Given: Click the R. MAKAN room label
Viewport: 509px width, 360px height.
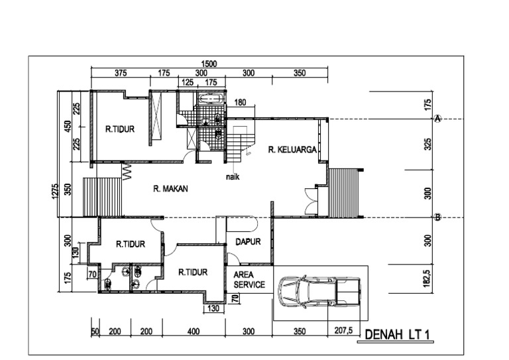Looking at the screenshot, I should (171, 189).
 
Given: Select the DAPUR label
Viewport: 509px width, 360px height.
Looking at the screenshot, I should (248, 242).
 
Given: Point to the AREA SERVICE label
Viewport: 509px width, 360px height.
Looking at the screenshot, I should (249, 279).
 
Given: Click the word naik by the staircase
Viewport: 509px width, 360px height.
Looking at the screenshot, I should (232, 177).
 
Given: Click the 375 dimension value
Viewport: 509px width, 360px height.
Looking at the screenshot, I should (120, 73).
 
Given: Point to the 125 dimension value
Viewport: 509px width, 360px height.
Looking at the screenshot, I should (187, 82).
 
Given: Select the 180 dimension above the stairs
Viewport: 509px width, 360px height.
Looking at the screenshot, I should (240, 102).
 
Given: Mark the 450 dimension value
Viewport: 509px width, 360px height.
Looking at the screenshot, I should (67, 126).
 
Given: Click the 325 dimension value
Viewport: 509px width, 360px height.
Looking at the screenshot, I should (428, 145).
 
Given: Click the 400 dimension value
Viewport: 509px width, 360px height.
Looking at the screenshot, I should (193, 330).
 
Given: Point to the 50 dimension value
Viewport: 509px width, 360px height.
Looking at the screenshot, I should (95, 330).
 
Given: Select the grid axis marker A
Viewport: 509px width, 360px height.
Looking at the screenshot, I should (437, 118).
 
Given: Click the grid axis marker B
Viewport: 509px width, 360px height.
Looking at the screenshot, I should (437, 217).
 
